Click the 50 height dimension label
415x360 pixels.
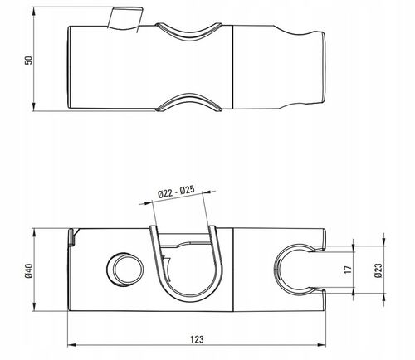[x=28, y=61]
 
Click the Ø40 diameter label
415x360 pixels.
[x=29, y=271]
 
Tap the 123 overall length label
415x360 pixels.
[x=197, y=339]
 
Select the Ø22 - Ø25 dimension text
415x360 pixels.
[x=177, y=192]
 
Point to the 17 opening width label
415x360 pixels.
[x=349, y=270]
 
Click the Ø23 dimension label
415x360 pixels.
[x=378, y=270]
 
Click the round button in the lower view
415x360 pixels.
[x=125, y=269]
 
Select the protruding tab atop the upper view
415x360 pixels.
[x=125, y=18]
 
